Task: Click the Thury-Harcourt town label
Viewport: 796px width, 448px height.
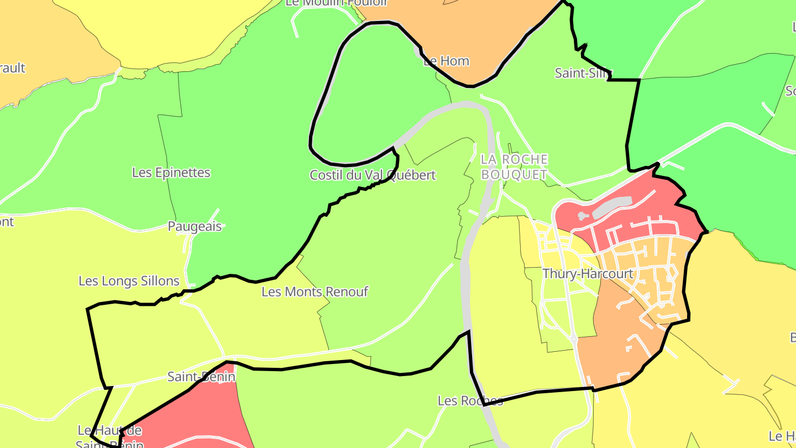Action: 588,274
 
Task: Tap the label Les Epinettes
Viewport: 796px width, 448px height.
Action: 171,173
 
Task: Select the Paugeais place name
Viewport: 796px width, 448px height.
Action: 195,227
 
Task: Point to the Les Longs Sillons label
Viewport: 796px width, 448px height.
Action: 129,281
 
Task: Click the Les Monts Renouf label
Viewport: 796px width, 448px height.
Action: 315,291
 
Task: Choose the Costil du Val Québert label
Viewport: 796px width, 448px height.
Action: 373,175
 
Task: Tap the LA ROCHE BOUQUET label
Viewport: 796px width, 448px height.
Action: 514,167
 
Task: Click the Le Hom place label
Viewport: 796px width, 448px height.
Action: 446,61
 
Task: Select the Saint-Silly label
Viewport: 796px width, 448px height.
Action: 584,73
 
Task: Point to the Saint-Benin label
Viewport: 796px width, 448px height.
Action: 201,377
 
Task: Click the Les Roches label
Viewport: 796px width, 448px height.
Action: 470,400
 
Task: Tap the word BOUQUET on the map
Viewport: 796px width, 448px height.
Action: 514,175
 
